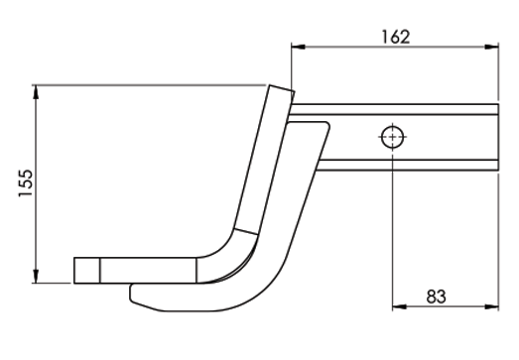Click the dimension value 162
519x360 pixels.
tap(396, 37)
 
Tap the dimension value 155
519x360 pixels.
tap(26, 183)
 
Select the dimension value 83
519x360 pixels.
tap(436, 297)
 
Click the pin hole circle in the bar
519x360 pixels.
tap(392, 137)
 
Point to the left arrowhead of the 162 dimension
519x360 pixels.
tap(298, 47)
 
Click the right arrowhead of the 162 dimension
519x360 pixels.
tap(491, 47)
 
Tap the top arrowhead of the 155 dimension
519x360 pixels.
tap(36, 92)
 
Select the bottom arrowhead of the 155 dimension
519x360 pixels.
tap(36, 277)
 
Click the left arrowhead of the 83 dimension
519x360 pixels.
tap(399, 307)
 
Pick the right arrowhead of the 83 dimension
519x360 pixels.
tap(491, 307)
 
